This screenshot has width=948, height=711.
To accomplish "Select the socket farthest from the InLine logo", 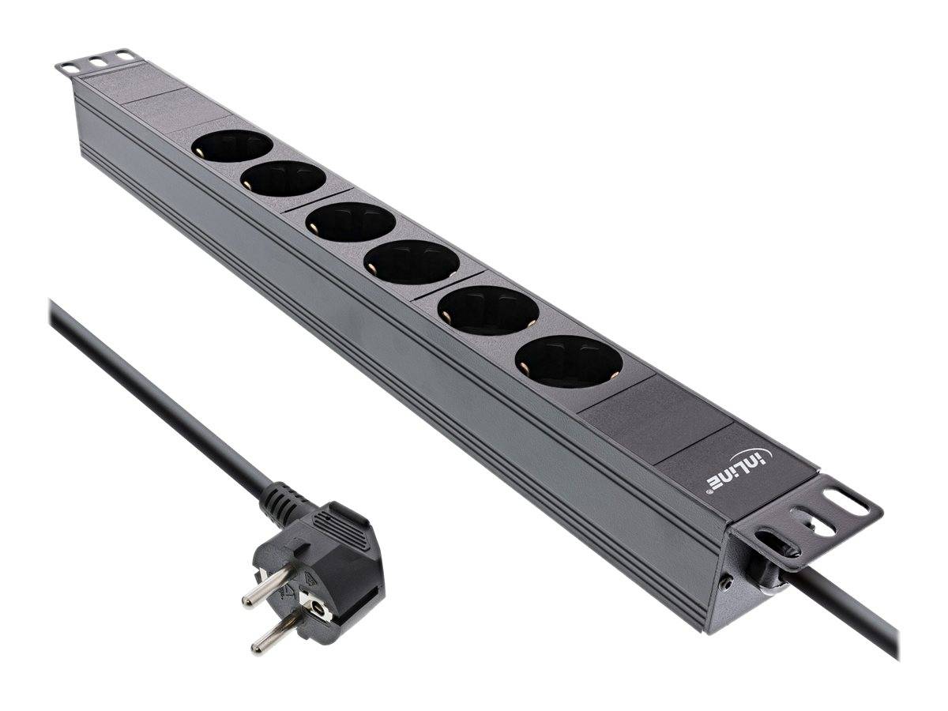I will [x=232, y=145].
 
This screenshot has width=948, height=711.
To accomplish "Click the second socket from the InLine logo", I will [x=487, y=310].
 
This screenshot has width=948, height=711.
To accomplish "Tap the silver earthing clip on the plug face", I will [x=318, y=609].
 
